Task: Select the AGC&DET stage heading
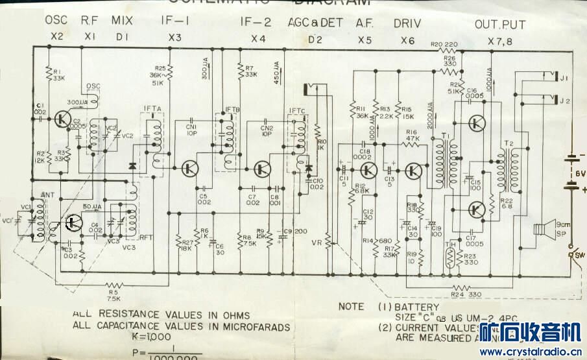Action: [x=315, y=23]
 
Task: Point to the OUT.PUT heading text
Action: [x=499, y=25]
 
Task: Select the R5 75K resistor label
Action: [x=114, y=295]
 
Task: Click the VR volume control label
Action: [x=317, y=243]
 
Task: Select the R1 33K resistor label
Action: [x=58, y=75]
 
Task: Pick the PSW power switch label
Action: [x=576, y=255]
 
